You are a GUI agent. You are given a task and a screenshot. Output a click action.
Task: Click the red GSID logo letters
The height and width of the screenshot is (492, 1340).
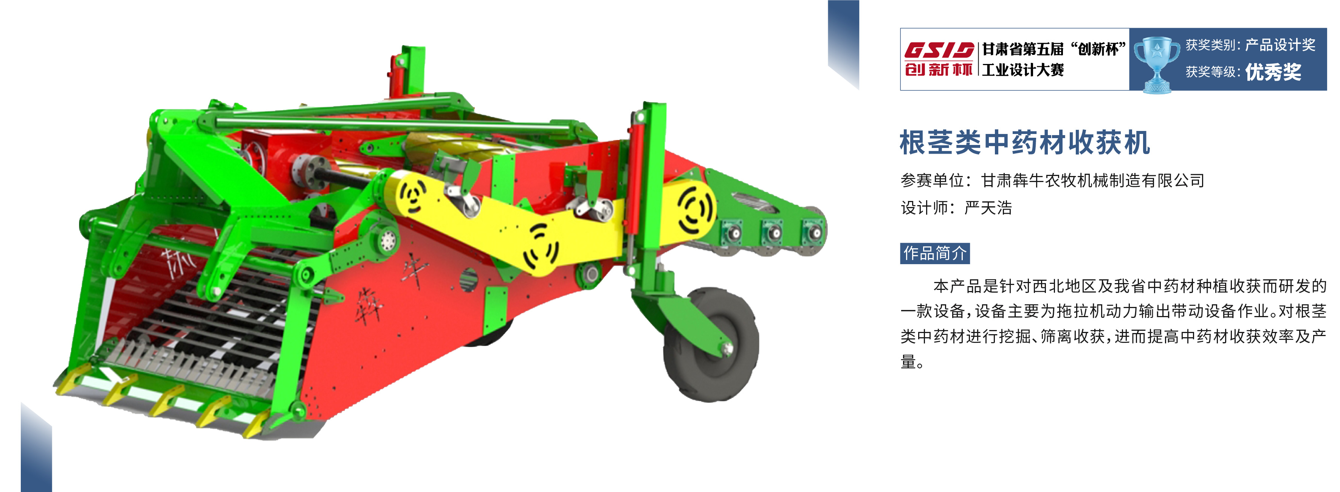pyautogui.click(x=939, y=50)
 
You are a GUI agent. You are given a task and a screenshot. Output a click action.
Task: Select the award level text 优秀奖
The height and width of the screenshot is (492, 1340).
pyautogui.click(x=1273, y=72)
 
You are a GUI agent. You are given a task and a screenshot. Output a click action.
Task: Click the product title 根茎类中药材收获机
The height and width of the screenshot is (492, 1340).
pyautogui.click(x=1025, y=143)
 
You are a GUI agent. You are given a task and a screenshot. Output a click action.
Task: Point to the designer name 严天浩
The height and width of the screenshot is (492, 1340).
pyautogui.click(x=988, y=208)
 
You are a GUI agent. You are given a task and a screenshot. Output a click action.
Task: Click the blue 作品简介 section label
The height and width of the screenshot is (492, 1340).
pyautogui.click(x=935, y=254)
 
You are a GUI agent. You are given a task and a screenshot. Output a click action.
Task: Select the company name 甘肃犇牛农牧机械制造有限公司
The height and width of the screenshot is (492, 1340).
pyautogui.click(x=1092, y=180)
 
